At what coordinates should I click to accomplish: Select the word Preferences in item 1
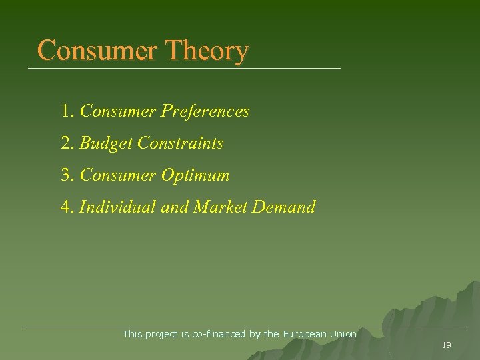(205, 111)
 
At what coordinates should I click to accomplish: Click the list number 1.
(67, 111)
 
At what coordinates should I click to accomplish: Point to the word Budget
(106, 143)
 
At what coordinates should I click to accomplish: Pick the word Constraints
(180, 143)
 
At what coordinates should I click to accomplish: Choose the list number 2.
(67, 143)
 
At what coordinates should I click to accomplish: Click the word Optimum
(195, 176)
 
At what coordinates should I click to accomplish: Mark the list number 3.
(67, 176)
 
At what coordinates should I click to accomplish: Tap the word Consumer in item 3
(117, 176)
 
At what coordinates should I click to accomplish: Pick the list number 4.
(67, 207)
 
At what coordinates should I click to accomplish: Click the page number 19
(447, 345)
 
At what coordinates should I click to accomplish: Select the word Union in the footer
(343, 334)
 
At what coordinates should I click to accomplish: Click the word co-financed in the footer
(219, 334)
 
